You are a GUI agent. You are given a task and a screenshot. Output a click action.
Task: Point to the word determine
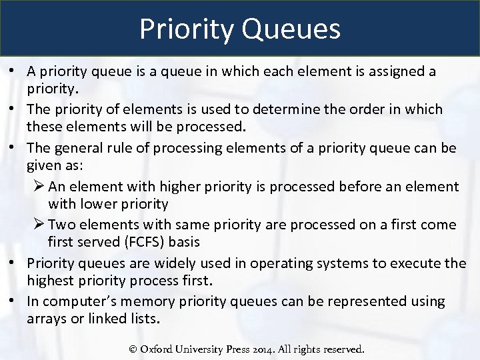pos(269,109)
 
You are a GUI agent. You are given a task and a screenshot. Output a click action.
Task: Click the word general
pos(81,147)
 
